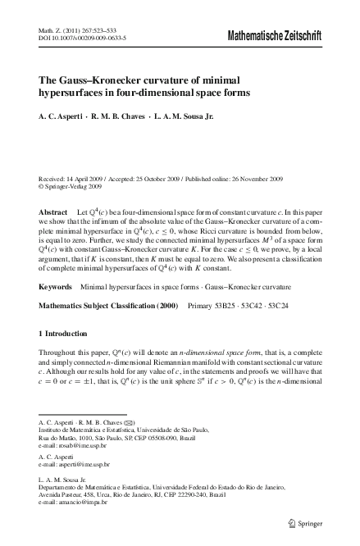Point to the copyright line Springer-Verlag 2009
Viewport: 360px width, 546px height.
(69, 186)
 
